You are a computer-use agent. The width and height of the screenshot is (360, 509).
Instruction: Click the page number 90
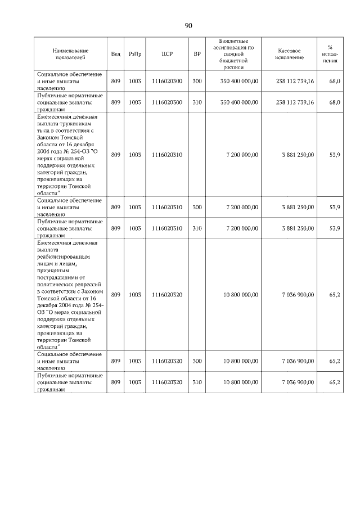[188, 25]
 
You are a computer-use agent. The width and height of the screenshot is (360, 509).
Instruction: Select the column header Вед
[115, 54]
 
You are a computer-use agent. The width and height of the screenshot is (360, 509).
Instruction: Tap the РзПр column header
[135, 54]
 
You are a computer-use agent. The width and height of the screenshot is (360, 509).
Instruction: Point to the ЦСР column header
[166, 54]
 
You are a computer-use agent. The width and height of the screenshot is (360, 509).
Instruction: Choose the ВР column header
[197, 54]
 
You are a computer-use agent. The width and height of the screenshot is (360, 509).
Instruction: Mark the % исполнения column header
[334, 54]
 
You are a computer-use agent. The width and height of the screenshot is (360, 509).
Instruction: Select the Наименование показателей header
[70, 54]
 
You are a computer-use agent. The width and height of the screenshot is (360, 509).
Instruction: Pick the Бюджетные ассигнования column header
[236, 54]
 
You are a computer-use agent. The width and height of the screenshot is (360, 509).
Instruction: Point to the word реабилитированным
[64, 256]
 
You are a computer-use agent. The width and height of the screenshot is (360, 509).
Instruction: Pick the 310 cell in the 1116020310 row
[197, 229]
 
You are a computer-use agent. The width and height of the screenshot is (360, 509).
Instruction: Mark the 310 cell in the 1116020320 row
[197, 382]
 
